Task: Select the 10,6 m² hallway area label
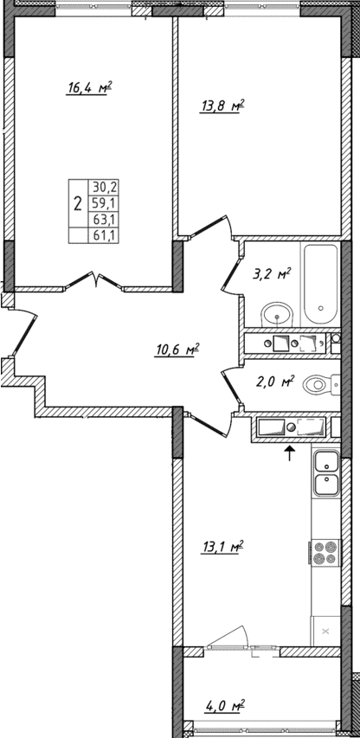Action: click(177, 350)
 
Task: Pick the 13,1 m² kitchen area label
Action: click(222, 546)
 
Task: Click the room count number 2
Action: click(78, 205)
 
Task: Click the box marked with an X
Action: click(325, 632)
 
